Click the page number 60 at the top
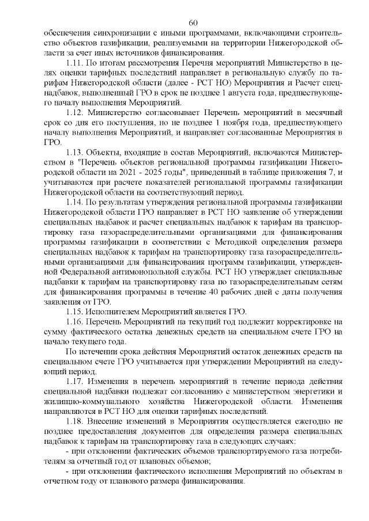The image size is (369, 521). [x=193, y=22]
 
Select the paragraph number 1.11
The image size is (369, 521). [x=76, y=62]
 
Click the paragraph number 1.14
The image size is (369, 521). [x=76, y=202]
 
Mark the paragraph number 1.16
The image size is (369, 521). [x=76, y=322]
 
